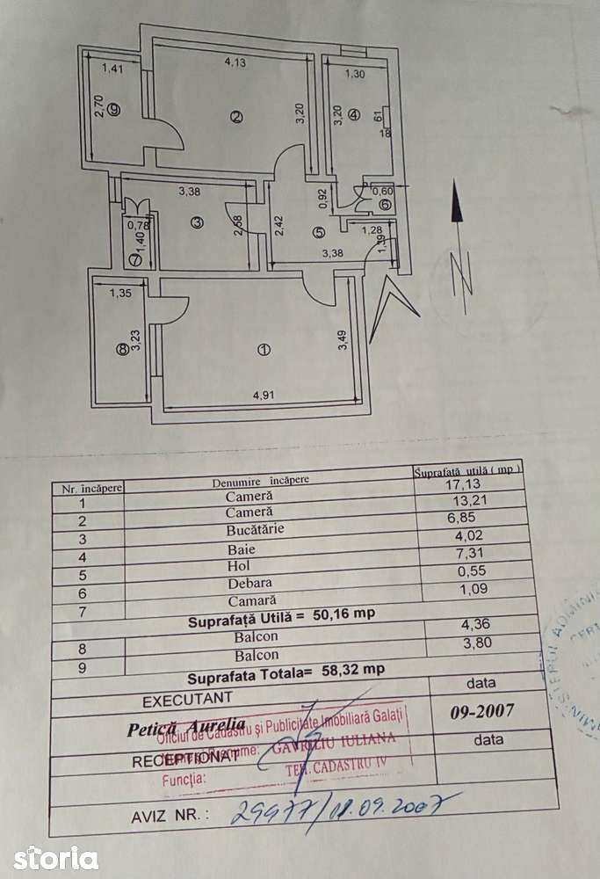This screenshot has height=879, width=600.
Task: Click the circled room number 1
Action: (x=262, y=351)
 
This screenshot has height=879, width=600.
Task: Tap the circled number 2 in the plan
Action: (x=235, y=119)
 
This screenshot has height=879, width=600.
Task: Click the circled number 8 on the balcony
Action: (x=121, y=349)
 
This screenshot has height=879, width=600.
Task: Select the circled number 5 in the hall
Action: (x=317, y=232)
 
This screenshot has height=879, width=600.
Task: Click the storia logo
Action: (x=55, y=856)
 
